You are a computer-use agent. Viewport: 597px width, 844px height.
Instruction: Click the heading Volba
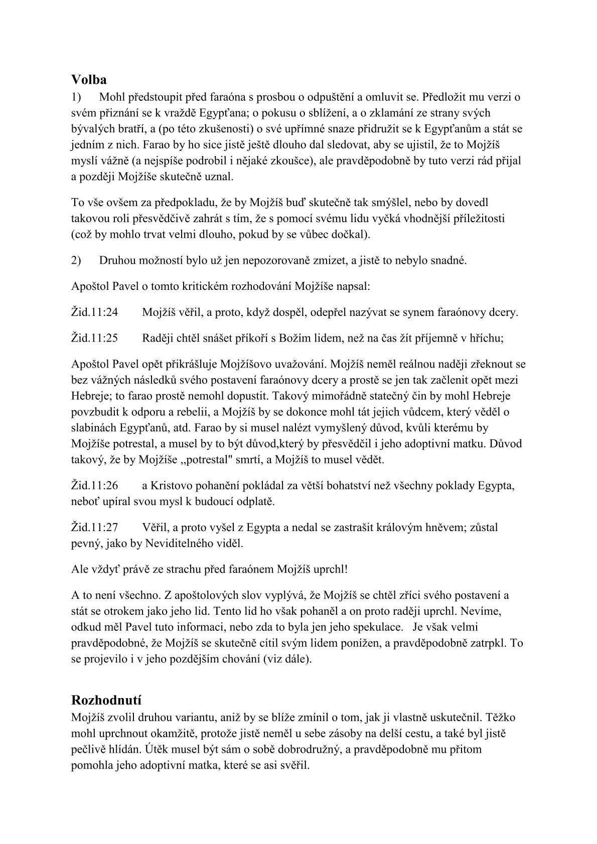tap(89, 80)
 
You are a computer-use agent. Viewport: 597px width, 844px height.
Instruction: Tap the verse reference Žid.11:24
tap(95, 312)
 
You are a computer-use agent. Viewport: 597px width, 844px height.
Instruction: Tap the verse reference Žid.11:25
tap(95, 338)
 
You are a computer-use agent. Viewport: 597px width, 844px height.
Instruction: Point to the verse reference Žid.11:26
tap(95, 485)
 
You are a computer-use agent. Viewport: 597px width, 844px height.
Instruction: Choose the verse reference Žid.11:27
tap(95, 527)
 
